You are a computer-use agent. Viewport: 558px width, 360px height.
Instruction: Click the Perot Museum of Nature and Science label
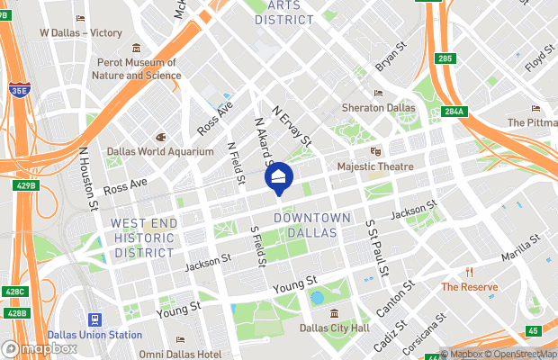136,68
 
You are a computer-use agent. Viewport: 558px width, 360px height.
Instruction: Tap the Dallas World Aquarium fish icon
160,137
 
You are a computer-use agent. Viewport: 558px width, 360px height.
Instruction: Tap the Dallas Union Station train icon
94,319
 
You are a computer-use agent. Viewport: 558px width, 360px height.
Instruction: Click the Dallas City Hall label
334,328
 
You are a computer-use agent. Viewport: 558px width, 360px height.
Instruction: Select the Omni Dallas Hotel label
181,354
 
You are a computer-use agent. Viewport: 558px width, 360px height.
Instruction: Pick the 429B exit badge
27,185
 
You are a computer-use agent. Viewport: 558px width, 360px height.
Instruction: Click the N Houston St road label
88,180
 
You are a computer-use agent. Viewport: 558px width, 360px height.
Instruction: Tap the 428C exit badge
14,292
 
